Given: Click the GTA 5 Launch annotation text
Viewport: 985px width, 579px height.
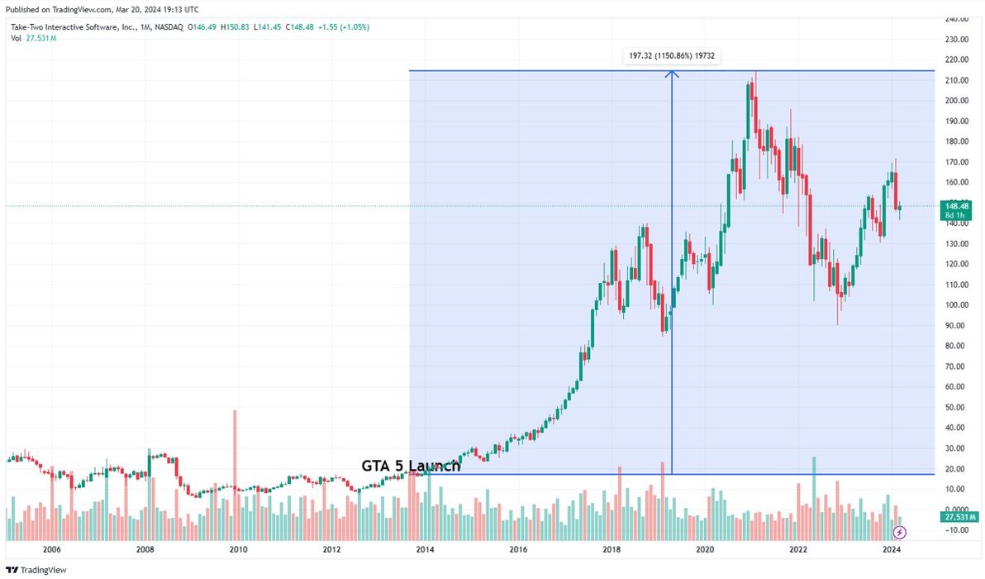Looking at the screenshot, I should point(411,466).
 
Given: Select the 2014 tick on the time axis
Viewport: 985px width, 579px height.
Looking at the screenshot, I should point(425,549).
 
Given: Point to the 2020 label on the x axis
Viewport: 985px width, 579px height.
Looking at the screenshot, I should point(705,549).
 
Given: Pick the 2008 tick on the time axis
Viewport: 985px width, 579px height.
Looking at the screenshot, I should point(145,549).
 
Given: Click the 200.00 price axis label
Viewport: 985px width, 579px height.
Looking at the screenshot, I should point(959,100).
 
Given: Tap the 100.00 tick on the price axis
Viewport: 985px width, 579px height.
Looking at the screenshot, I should point(959,304).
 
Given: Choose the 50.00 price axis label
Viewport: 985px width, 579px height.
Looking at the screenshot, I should point(959,407).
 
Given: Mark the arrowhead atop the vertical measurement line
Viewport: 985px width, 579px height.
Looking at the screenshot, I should point(672,75).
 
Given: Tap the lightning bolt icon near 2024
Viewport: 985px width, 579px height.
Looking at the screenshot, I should point(900,532).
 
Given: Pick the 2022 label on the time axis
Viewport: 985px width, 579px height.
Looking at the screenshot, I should point(798,549).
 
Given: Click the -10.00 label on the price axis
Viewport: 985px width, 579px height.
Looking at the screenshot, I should point(959,530).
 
